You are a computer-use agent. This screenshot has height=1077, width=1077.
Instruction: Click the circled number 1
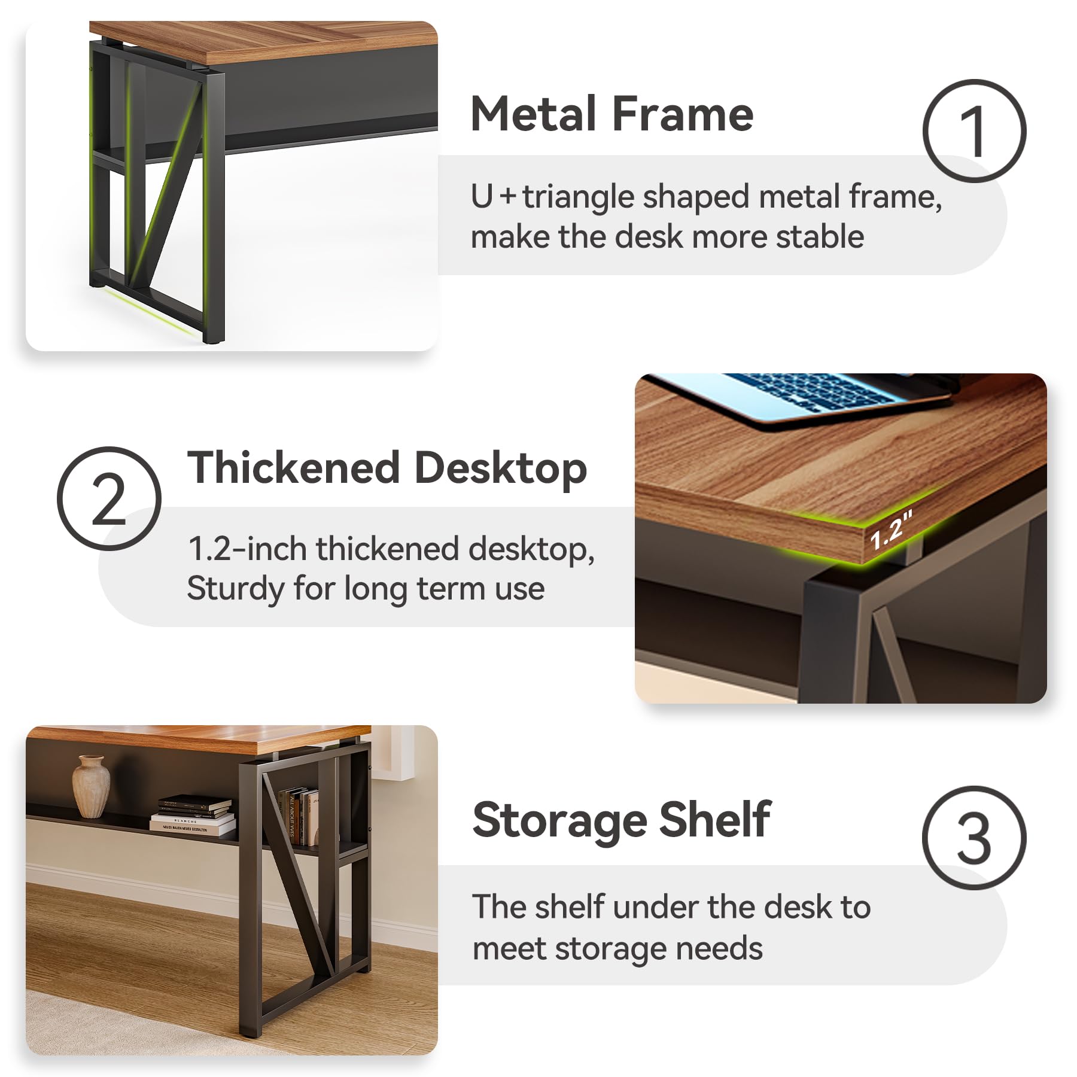pyautogui.click(x=974, y=131)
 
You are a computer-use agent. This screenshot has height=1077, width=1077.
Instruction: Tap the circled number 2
pyautogui.click(x=109, y=498)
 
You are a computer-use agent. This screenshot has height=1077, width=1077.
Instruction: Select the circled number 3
pyautogui.click(x=974, y=838)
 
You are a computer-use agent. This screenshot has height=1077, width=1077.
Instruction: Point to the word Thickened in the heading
pyautogui.click(x=294, y=467)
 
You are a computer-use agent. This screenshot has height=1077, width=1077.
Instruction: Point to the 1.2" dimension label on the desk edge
pyautogui.click(x=891, y=531)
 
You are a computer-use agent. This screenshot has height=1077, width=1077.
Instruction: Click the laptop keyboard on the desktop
pyautogui.click(x=814, y=392)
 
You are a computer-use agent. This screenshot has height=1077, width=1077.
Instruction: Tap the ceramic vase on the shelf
pyautogui.click(x=92, y=786)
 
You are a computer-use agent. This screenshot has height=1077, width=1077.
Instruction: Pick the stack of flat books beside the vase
pyautogui.click(x=193, y=814)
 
